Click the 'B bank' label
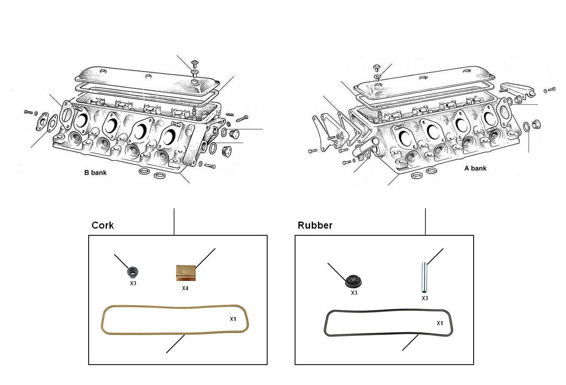click(95, 173)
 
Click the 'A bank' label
click(475, 168)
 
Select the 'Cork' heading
click(102, 225)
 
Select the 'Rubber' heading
click(315, 225)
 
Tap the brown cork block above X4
click(185, 273)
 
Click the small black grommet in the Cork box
click(133, 272)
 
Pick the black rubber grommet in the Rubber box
click(353, 281)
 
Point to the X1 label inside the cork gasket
click(233, 319)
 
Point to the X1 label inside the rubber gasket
click(440, 323)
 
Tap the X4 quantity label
click(185, 288)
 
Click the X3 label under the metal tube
click(424, 298)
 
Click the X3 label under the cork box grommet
click(133, 284)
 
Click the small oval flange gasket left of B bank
click(42, 122)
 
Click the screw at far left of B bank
click(28, 112)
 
